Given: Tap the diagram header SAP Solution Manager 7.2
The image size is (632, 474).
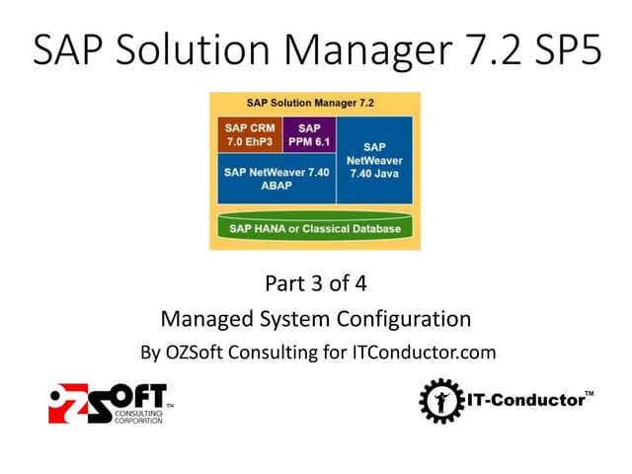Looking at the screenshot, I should (x=315, y=103).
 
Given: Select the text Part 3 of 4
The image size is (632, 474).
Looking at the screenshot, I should (x=315, y=285).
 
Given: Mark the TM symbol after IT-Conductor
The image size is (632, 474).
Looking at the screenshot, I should (x=589, y=394).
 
